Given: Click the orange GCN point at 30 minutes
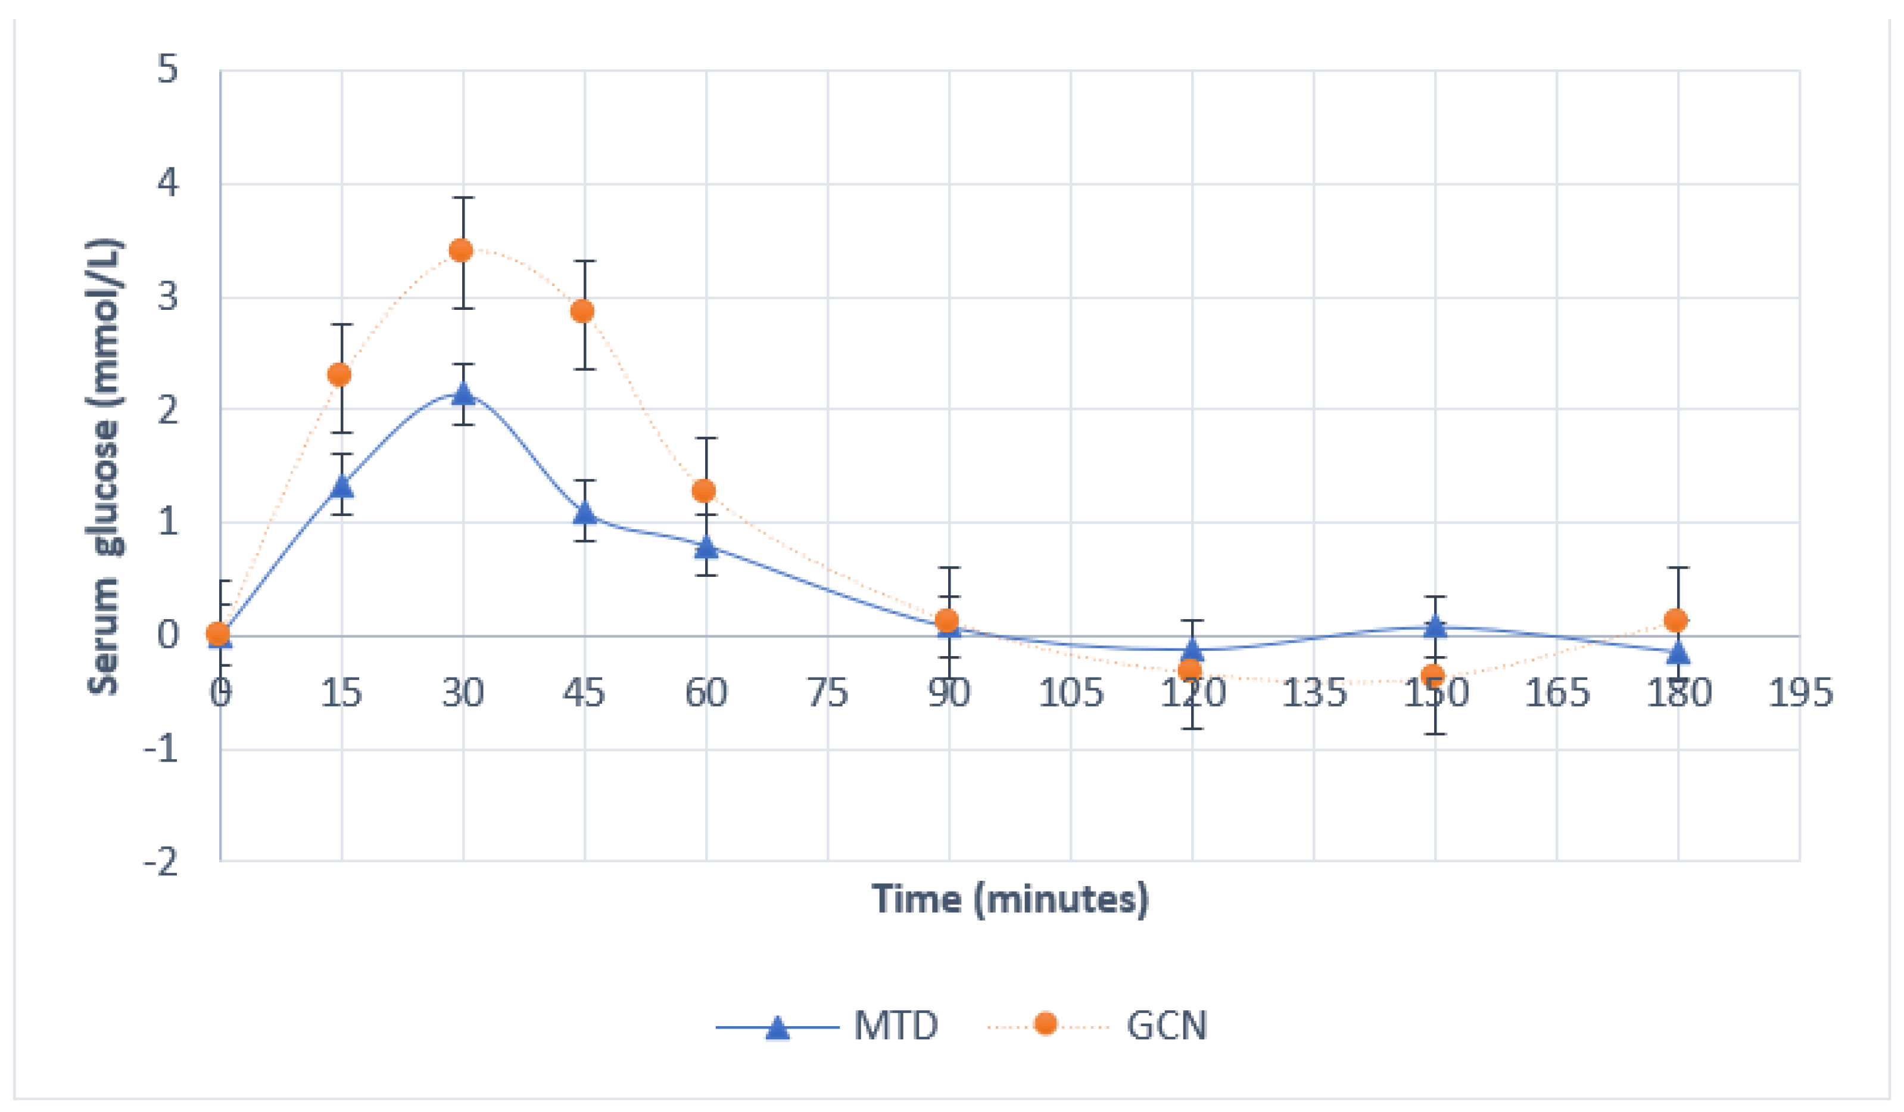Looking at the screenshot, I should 461,250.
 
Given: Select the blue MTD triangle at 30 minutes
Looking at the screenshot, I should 463,394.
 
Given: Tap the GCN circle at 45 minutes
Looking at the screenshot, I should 582,312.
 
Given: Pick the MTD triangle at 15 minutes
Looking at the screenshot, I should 342,485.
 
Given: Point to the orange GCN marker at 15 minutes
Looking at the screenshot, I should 340,374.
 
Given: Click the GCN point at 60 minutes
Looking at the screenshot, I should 703,490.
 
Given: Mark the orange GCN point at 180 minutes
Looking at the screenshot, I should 1676,620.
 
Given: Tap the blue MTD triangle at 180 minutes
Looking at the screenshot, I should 1678,650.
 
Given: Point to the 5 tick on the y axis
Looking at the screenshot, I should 168,70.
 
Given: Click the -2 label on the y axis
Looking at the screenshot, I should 161,861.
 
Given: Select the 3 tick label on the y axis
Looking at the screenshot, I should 168,297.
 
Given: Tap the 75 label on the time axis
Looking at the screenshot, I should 827,692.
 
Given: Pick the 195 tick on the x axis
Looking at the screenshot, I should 1800,692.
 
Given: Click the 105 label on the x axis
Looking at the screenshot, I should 1071,692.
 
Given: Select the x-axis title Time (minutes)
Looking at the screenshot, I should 1010,899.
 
